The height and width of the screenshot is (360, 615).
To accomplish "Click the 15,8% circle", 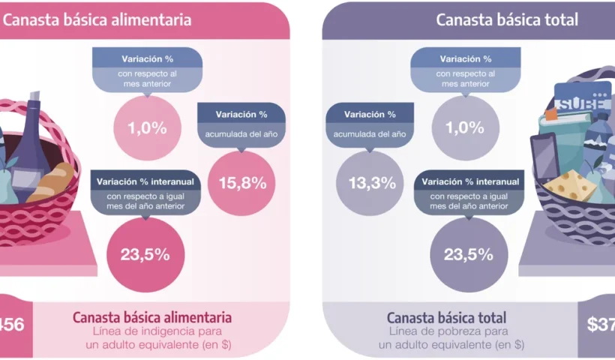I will click(x=236, y=183).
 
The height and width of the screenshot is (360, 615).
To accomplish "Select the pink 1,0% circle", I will click(x=147, y=127).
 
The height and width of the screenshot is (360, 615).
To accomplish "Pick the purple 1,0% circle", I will click(x=465, y=127).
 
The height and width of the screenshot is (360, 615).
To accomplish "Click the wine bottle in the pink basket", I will click(x=31, y=142).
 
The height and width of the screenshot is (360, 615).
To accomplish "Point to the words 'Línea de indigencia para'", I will click(x=158, y=331).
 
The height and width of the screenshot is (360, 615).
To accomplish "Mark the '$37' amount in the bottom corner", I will click(x=600, y=324).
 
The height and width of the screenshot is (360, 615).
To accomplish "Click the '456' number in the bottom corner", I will click(x=12, y=324).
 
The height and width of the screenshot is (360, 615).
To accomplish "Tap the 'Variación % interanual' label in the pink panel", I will click(x=146, y=181).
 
